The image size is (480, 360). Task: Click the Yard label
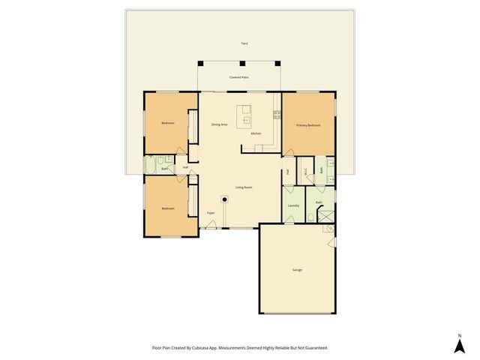tap(244, 43)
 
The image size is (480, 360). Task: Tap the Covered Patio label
tap(239, 77)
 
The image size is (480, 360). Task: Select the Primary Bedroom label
tap(308, 125)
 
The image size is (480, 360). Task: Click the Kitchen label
tap(256, 133)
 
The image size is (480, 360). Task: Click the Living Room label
tap(244, 187)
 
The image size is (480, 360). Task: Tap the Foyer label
tap(211, 213)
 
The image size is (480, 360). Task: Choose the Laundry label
tap(293, 205)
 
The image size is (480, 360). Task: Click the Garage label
tap(297, 269)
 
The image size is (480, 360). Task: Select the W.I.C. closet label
tap(306, 171)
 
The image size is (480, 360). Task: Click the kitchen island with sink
tap(244, 118)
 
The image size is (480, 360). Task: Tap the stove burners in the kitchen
tap(277, 115)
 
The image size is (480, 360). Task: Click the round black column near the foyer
tap(223, 199)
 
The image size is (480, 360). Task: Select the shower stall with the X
tap(327, 214)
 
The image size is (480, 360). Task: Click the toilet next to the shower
tap(310, 217)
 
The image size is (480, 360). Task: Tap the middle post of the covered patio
tap(239, 63)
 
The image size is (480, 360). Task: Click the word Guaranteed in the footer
tap(315, 348)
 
